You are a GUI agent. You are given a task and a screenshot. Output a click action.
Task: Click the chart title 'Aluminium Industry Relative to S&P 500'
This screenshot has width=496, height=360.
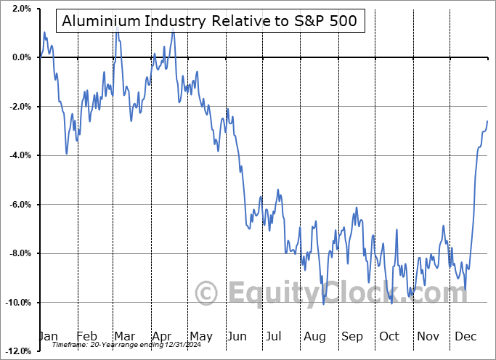209,21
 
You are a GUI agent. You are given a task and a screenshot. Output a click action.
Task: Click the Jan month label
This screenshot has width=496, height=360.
47,337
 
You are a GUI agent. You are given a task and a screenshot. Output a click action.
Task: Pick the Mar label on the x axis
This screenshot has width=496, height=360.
125,337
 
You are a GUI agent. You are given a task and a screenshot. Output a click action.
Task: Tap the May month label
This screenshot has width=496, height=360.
200,337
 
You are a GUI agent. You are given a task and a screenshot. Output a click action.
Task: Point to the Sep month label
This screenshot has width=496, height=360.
352,337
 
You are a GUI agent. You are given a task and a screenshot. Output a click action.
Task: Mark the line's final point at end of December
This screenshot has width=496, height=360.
487,120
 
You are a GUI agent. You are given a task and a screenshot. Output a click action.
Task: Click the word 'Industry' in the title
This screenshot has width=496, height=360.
163,21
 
